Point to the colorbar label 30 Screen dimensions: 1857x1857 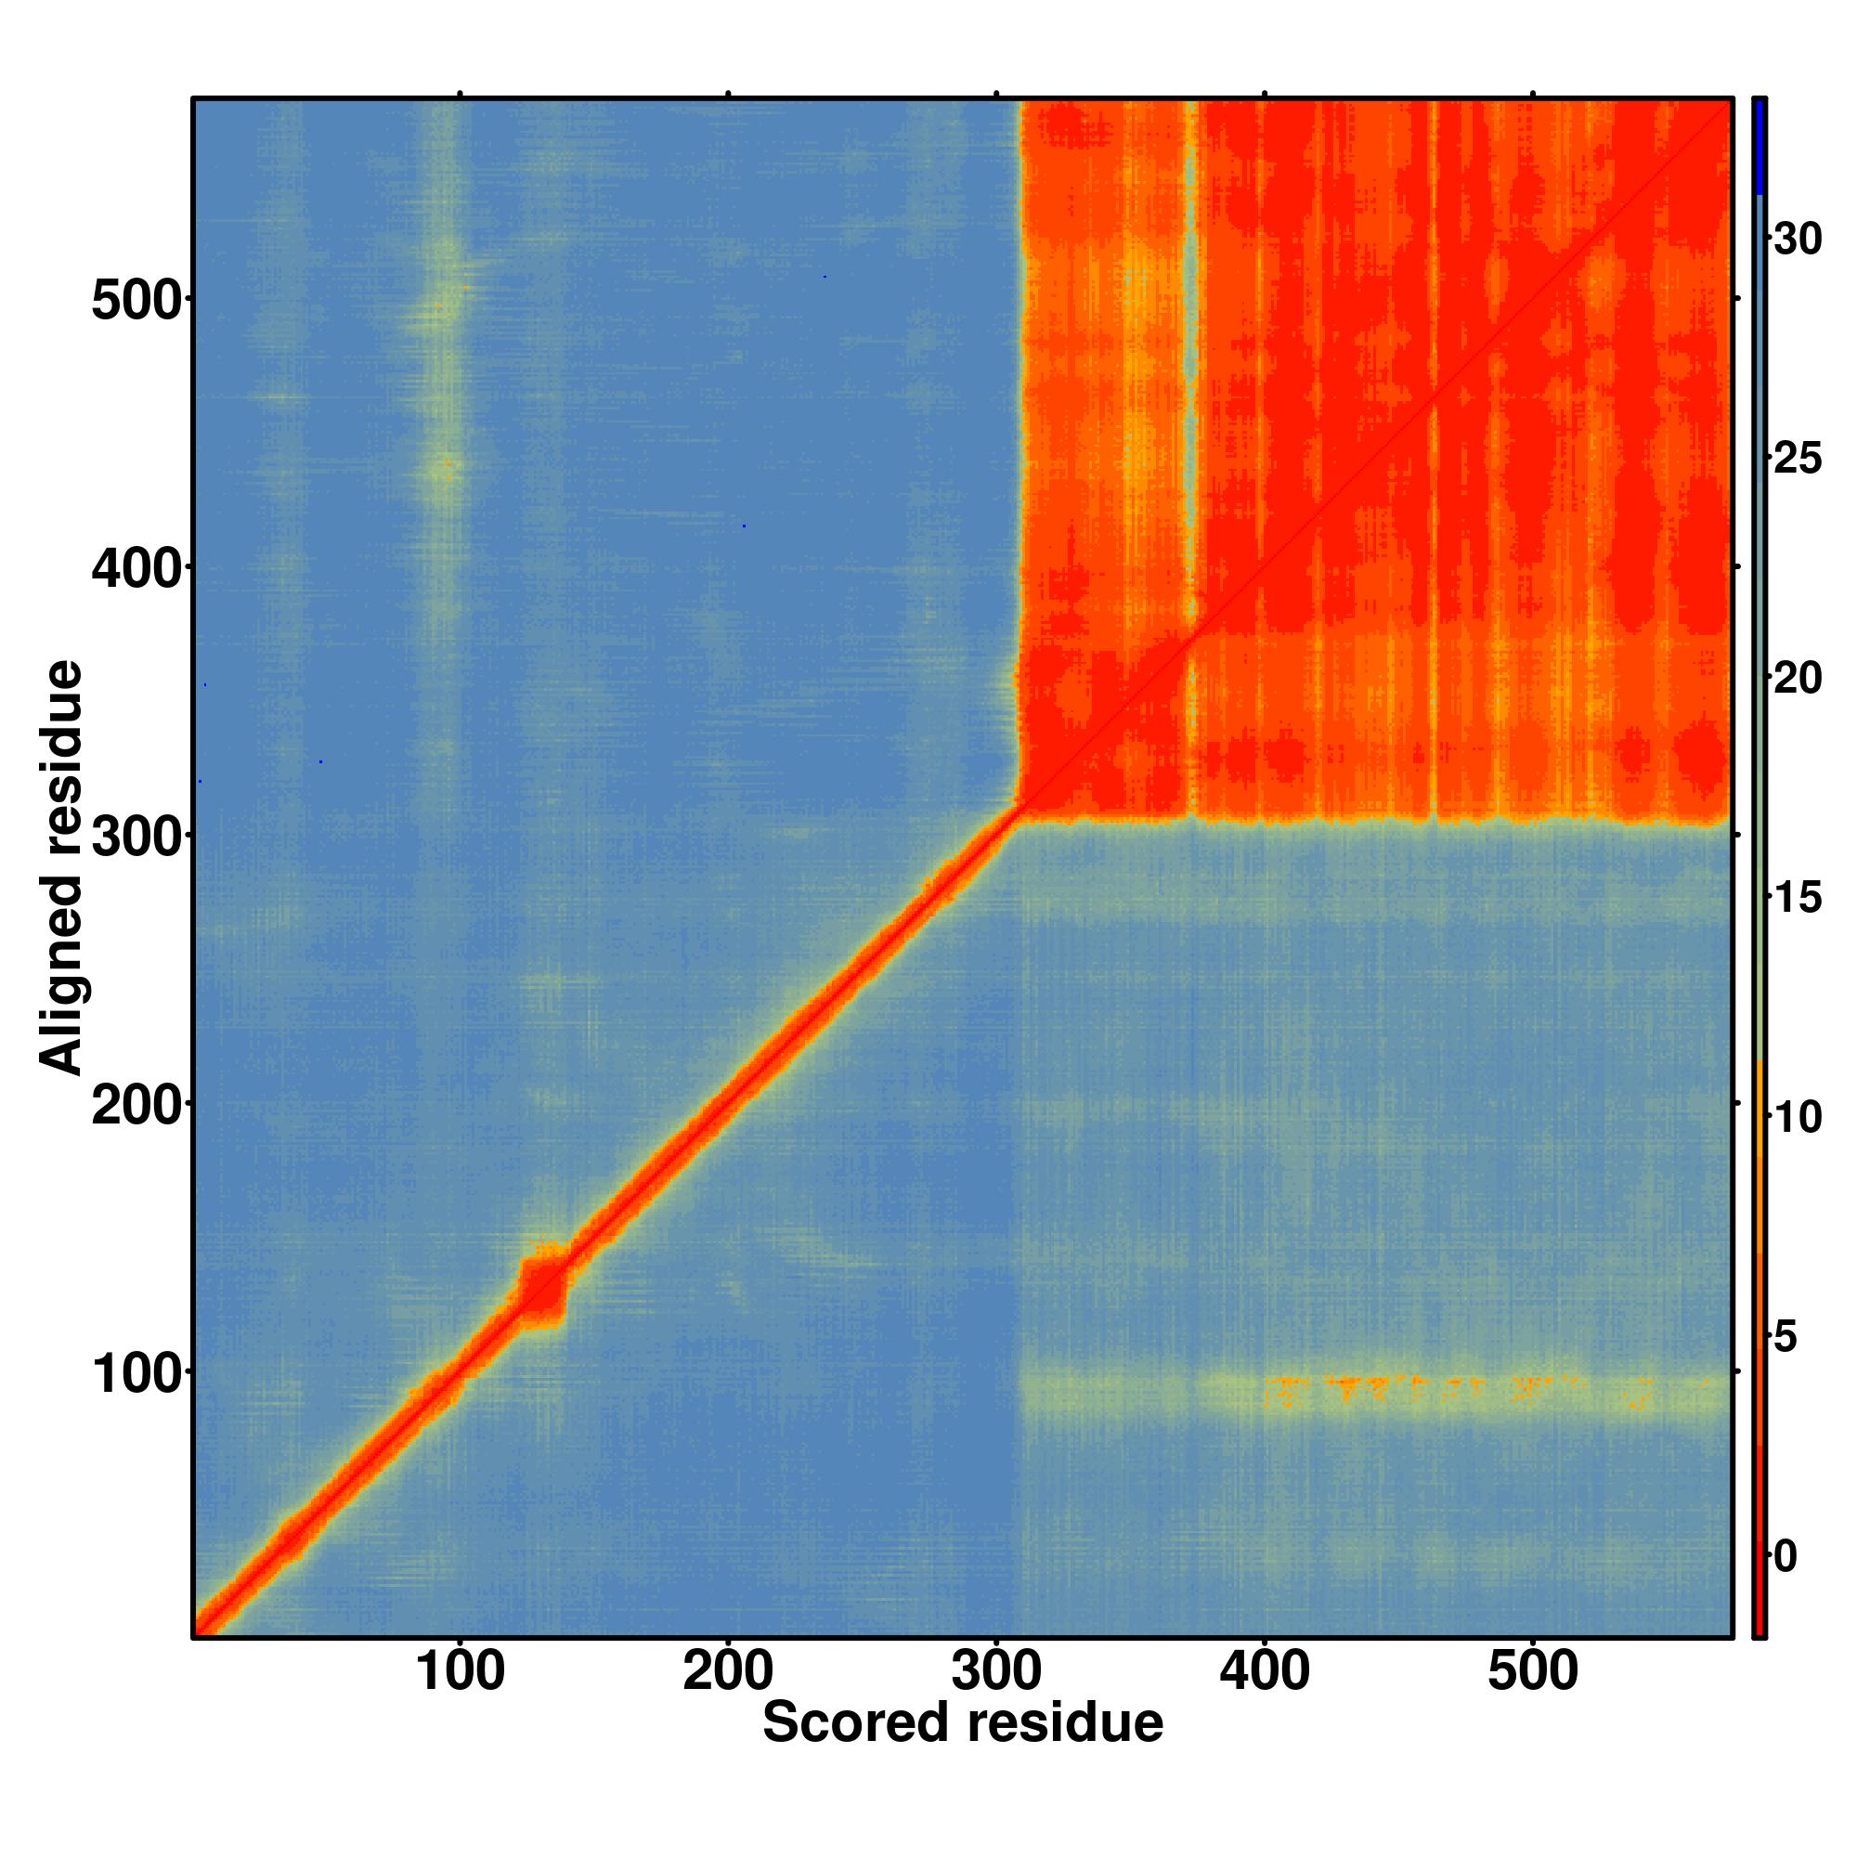tap(1798, 239)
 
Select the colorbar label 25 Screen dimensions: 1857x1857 tap(1798, 459)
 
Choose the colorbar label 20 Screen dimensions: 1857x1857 tap(1798, 679)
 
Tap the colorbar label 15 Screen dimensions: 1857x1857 tap(1798, 898)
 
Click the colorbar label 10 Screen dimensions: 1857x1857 tap(1798, 1118)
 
